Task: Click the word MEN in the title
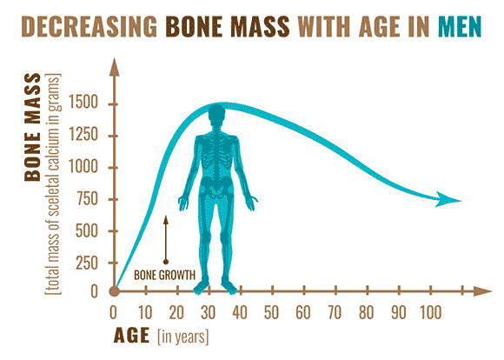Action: coord(460,26)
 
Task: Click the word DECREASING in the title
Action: coord(89,26)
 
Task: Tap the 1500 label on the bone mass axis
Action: coord(83,103)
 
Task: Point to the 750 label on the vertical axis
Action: coord(87,199)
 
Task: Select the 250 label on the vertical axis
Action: coord(87,263)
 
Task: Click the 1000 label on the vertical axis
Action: coord(83,167)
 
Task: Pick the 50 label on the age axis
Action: coord(272,312)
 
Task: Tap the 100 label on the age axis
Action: coord(431,312)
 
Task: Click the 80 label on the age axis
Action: coord(366,312)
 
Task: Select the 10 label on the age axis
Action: coord(145,312)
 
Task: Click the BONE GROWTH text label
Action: coord(164,276)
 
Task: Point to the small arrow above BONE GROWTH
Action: coord(166,240)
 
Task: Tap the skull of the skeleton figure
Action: coord(216,113)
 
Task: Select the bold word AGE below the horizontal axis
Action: coord(131,336)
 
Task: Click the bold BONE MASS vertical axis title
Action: coord(33,128)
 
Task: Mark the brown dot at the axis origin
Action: coord(114,291)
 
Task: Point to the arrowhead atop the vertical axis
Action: coord(114,67)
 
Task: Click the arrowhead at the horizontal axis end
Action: coord(483,291)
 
